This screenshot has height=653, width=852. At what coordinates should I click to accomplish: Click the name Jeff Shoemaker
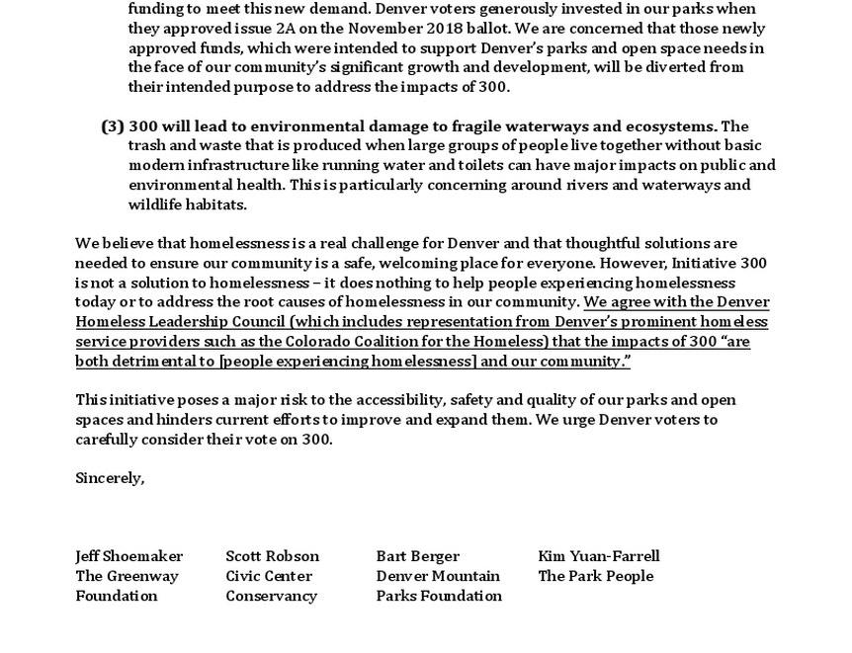(128, 556)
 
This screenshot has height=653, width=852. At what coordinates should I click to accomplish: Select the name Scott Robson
(272, 556)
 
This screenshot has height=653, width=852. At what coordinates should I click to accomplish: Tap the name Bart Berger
(417, 556)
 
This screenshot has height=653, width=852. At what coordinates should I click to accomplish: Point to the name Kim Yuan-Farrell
(598, 556)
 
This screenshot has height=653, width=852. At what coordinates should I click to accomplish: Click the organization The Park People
(595, 576)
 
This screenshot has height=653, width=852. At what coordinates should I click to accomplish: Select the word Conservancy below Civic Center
(271, 596)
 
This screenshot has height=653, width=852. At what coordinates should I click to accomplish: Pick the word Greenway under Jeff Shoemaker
(144, 576)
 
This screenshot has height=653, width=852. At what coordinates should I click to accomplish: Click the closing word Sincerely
(110, 478)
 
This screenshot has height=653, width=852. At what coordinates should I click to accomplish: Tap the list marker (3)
(113, 126)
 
